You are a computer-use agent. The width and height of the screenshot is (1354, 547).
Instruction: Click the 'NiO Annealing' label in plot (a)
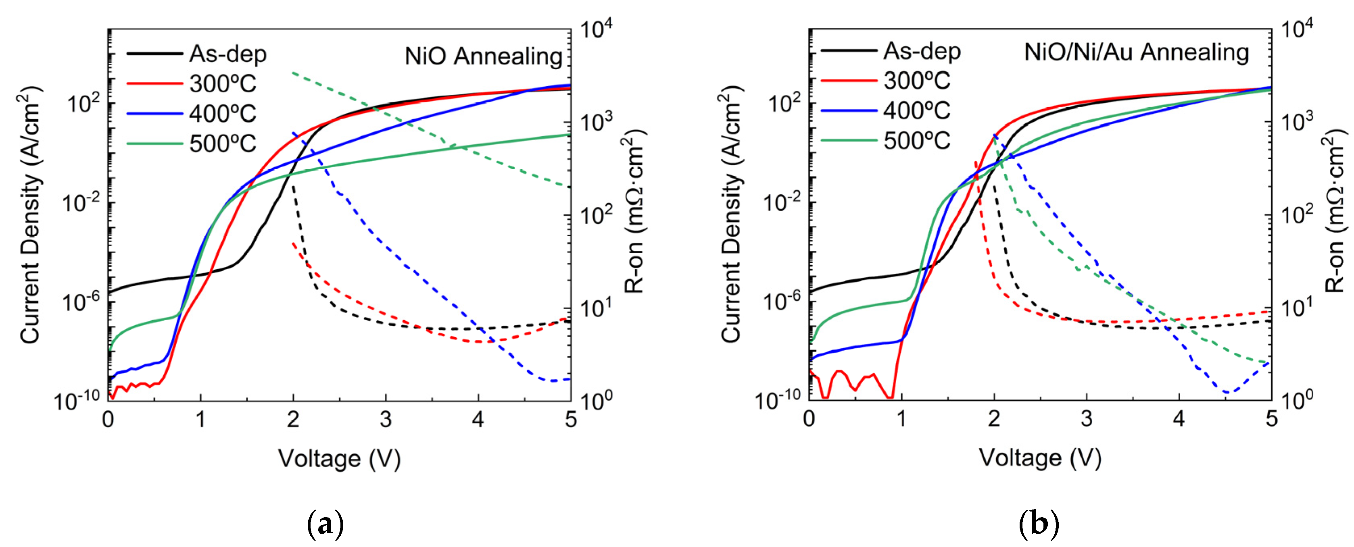pyautogui.click(x=483, y=56)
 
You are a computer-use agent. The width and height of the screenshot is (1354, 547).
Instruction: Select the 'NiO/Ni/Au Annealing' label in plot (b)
pyautogui.click(x=1136, y=52)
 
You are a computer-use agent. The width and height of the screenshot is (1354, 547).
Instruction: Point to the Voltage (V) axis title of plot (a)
pyautogui.click(x=339, y=458)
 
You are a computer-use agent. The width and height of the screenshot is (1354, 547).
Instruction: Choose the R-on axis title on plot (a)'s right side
pyautogui.click(x=635, y=210)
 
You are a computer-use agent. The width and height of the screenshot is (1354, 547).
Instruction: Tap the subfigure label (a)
pyautogui.click(x=325, y=524)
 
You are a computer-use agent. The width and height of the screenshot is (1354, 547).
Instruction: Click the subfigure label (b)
pyautogui.click(x=1039, y=524)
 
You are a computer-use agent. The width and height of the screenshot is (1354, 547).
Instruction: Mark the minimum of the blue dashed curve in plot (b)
pyautogui.click(x=1227, y=392)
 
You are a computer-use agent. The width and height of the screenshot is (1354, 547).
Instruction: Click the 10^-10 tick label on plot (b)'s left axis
pyautogui.click(x=780, y=400)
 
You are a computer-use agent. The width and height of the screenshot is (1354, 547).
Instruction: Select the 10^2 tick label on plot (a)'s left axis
pyautogui.click(x=83, y=103)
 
